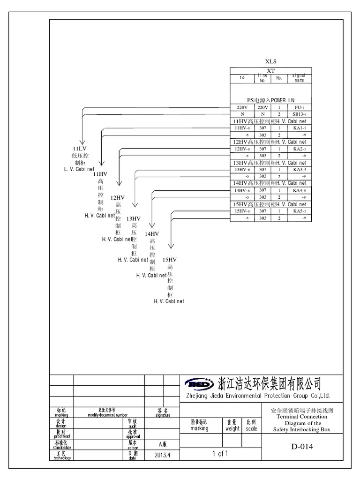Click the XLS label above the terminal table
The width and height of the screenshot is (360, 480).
(270, 61)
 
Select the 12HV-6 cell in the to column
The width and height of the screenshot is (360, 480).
(242, 149)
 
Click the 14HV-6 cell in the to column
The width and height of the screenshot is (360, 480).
(242, 191)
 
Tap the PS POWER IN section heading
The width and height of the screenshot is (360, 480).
(270, 100)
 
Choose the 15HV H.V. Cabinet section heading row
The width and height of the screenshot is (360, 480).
(270, 204)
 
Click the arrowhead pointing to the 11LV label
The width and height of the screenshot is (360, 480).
(82, 142)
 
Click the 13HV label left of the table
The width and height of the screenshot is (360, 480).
(133, 218)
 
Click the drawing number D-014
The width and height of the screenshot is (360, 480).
(302, 446)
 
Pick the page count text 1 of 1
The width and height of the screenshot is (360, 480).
(220, 453)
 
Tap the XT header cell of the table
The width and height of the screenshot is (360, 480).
(270, 70)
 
